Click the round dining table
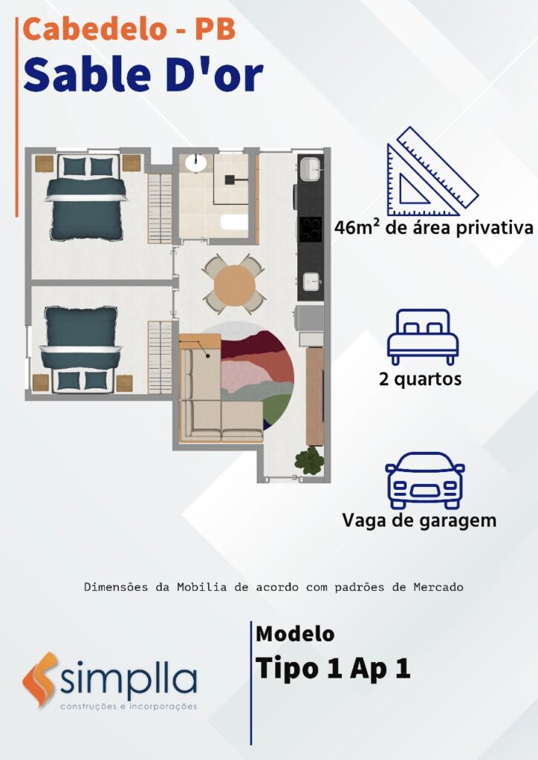234,285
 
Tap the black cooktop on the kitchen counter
310,229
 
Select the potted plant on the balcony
310,460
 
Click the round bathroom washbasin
196,163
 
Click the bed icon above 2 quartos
423,337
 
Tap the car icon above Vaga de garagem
424,480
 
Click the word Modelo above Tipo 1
295,634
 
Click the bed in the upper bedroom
86,198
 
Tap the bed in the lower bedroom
80,348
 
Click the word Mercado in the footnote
438,587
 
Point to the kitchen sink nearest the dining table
311,281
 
